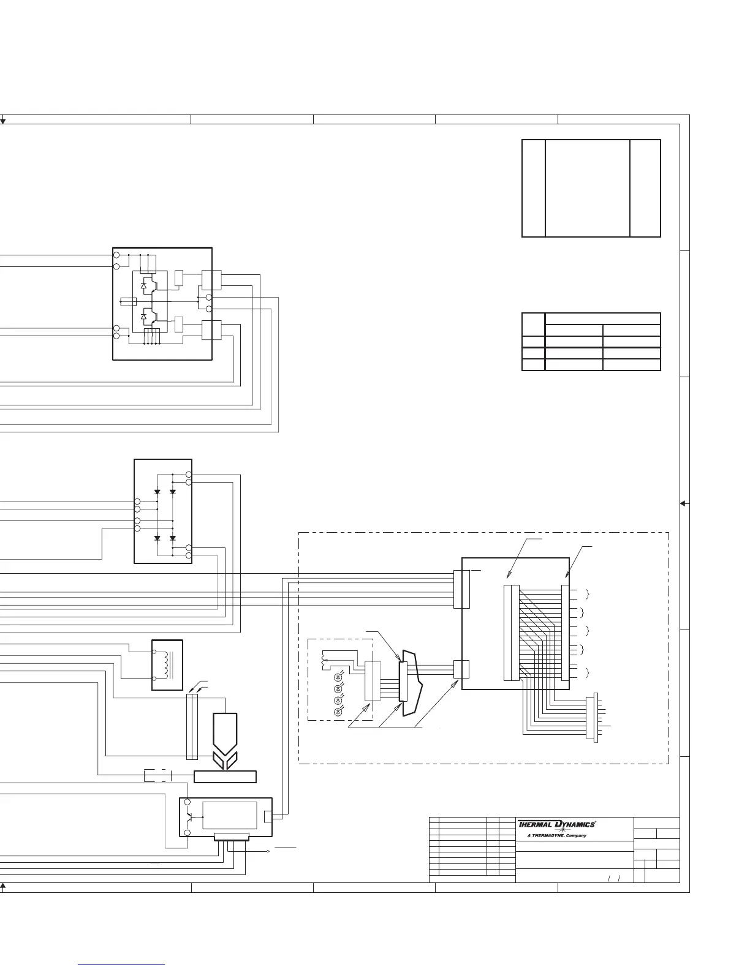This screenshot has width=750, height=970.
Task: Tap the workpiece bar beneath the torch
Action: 225,776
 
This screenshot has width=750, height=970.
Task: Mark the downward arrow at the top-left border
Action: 2,121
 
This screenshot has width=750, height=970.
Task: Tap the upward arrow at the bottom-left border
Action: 2,886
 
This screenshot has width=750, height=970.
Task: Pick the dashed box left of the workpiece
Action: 157,776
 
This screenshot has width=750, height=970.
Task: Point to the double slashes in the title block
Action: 614,879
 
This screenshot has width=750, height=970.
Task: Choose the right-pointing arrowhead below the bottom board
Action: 268,851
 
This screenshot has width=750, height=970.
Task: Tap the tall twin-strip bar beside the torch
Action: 192,726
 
